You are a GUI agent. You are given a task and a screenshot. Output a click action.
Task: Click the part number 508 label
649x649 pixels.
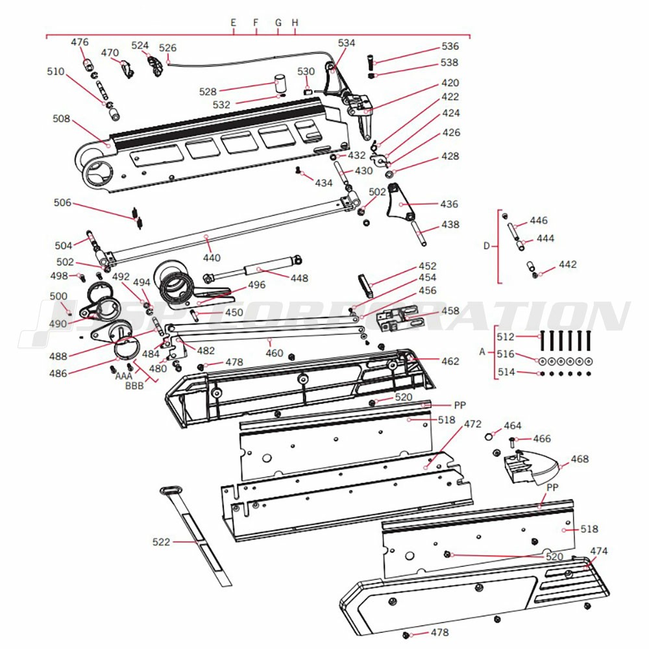click(x=61, y=119)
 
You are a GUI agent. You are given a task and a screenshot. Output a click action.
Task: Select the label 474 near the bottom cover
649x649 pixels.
click(x=599, y=551)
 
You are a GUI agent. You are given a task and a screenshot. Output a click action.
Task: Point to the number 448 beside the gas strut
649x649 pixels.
click(x=299, y=278)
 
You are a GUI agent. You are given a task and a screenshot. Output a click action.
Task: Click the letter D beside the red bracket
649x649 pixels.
click(x=487, y=246)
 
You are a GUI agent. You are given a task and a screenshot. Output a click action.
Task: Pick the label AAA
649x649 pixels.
click(x=123, y=376)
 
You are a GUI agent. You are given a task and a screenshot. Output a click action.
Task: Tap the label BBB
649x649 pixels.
click(x=135, y=386)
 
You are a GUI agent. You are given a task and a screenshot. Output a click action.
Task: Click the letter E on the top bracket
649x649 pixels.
click(x=234, y=23)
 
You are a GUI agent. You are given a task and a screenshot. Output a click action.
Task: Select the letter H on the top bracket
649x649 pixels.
click(x=295, y=23)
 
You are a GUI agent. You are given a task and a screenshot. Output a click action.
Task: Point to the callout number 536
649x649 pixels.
click(x=450, y=47)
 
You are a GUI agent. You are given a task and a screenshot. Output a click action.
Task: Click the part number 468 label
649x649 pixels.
click(x=580, y=459)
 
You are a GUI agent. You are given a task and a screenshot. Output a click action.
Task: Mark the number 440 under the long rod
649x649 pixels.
click(x=212, y=258)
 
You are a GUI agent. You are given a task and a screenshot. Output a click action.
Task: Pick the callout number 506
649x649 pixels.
click(x=62, y=203)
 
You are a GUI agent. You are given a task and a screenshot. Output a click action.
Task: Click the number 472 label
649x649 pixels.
click(x=472, y=424)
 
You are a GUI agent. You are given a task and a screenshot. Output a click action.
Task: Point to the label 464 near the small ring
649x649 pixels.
click(x=513, y=426)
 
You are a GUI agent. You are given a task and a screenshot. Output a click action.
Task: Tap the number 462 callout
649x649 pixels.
click(x=450, y=361)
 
